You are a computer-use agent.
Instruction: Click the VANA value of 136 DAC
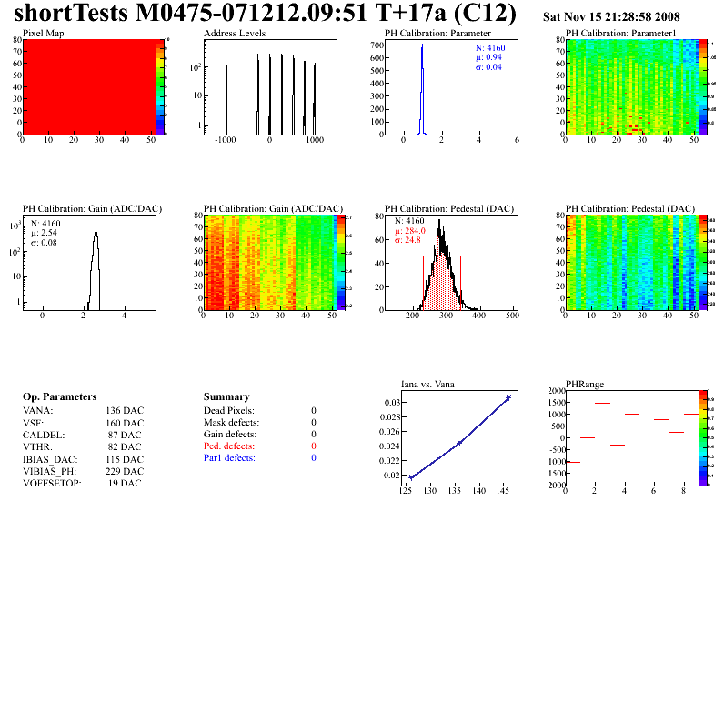(125, 411)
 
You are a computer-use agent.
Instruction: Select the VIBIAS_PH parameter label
(49, 471)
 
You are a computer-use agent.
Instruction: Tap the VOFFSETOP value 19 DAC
(125, 484)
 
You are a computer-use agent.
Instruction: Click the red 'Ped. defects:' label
(228, 446)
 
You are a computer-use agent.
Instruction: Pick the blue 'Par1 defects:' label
(229, 458)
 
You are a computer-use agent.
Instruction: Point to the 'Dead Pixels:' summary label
(229, 411)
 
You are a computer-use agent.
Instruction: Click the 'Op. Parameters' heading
(59, 397)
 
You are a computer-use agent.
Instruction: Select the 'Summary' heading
(226, 397)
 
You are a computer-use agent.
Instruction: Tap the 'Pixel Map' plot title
(43, 33)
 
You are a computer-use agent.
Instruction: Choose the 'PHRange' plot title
(584, 384)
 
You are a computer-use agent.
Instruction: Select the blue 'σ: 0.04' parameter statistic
(489, 67)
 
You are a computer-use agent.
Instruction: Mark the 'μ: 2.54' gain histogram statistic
(45, 233)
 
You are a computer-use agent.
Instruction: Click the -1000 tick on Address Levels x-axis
(226, 141)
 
